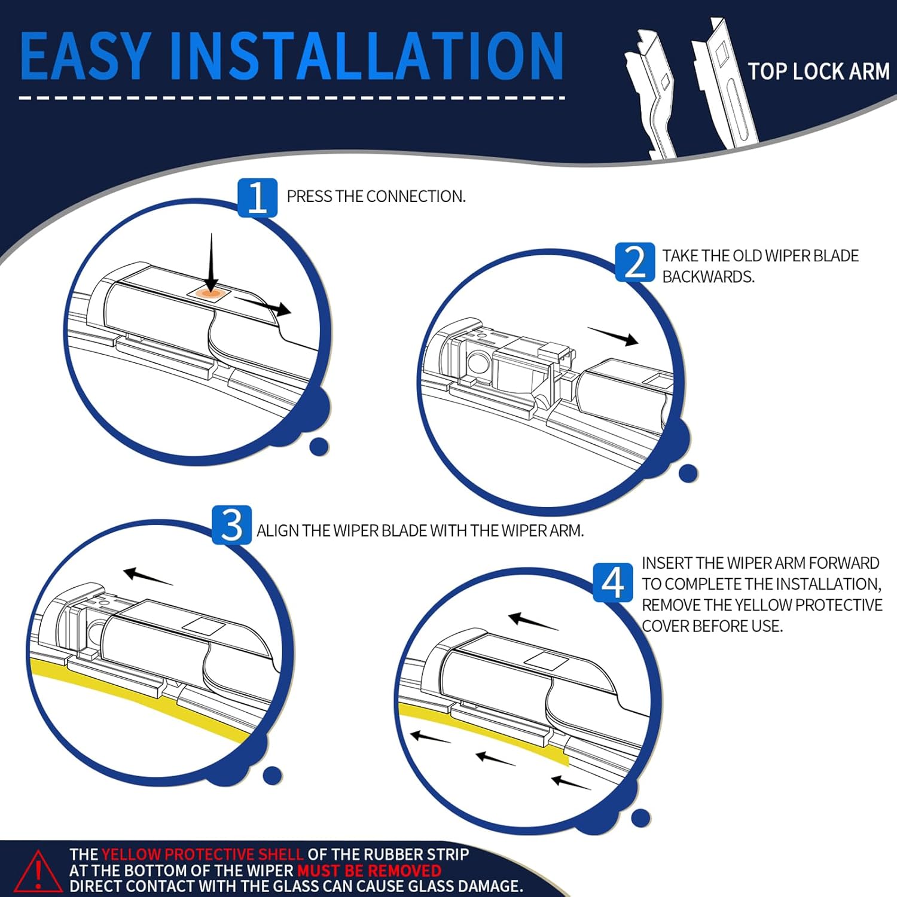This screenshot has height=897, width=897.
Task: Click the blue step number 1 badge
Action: point(257,197)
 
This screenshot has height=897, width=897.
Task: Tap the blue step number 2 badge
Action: point(634,262)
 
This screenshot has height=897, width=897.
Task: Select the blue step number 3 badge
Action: point(231,525)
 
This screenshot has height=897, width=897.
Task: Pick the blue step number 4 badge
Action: point(613,582)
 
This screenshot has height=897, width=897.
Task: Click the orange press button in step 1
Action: point(209,293)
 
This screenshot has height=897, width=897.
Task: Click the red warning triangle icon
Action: point(37,871)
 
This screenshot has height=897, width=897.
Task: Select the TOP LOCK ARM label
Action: point(818,72)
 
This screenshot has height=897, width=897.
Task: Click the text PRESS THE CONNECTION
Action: point(376,197)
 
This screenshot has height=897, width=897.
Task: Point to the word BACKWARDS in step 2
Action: point(707,277)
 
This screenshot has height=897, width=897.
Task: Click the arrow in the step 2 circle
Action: point(613,337)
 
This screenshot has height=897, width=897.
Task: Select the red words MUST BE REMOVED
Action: point(369,870)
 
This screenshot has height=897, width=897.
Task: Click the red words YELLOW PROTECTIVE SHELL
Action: point(202,855)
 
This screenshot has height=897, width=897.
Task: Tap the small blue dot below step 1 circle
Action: point(319,446)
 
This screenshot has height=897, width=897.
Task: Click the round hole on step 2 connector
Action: point(477,362)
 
